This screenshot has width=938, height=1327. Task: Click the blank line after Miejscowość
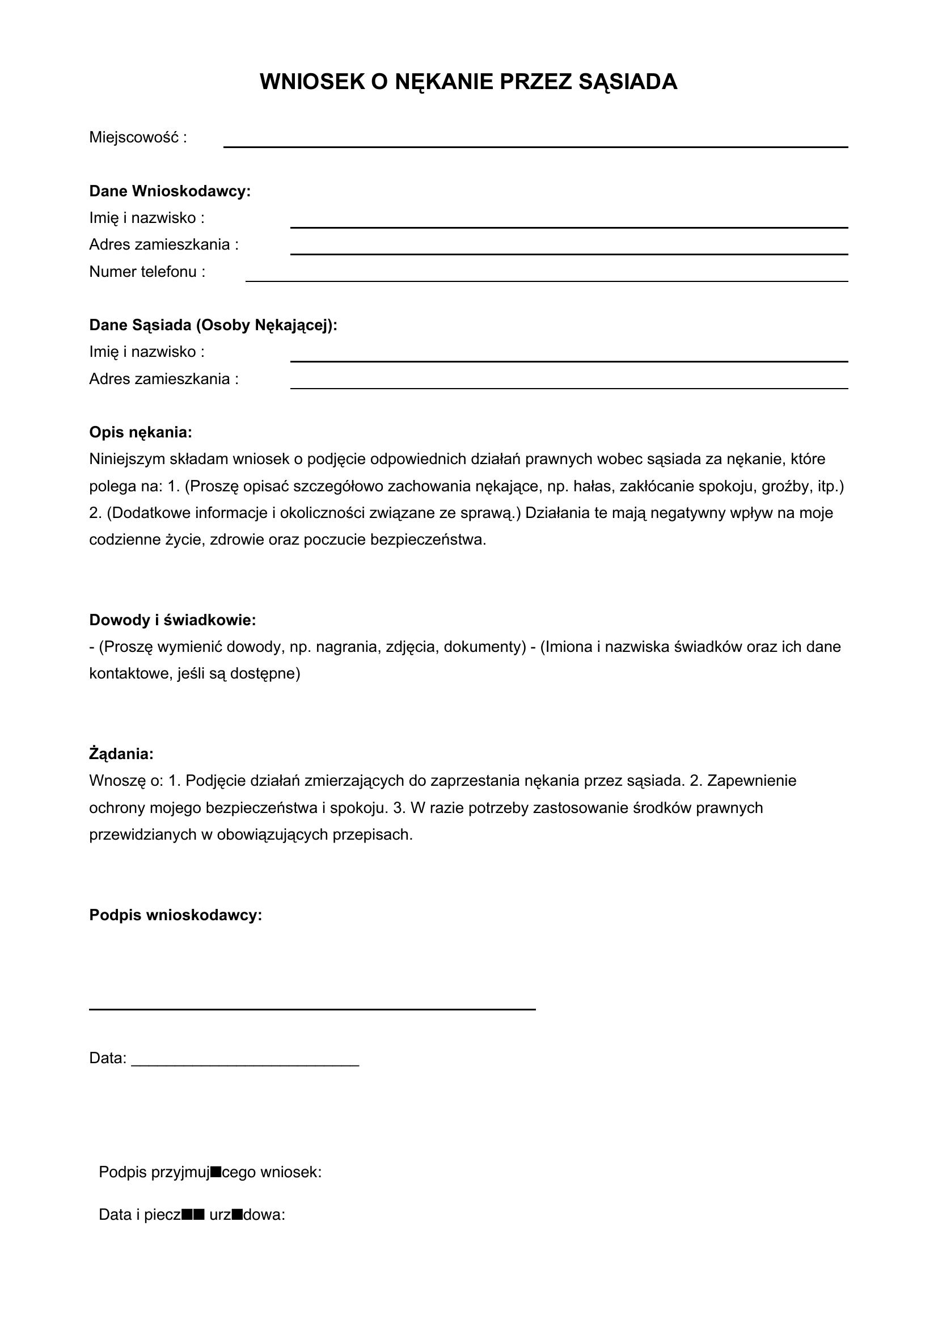pos(535,146)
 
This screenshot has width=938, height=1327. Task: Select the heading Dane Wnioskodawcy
pos(170,191)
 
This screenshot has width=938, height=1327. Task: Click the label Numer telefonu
pos(147,272)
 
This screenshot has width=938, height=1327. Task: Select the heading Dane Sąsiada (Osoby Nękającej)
pos(213,325)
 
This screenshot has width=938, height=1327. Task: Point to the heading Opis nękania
pos(140,432)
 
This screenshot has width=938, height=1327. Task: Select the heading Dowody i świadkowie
pos(172,620)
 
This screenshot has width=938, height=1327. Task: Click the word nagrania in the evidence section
pos(344,647)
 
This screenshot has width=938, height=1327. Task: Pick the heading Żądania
pos(121,753)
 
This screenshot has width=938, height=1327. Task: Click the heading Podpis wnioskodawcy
pos(176,915)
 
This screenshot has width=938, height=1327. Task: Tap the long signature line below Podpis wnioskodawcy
pos(312,1009)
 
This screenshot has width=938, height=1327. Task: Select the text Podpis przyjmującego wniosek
pos(210,1172)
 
